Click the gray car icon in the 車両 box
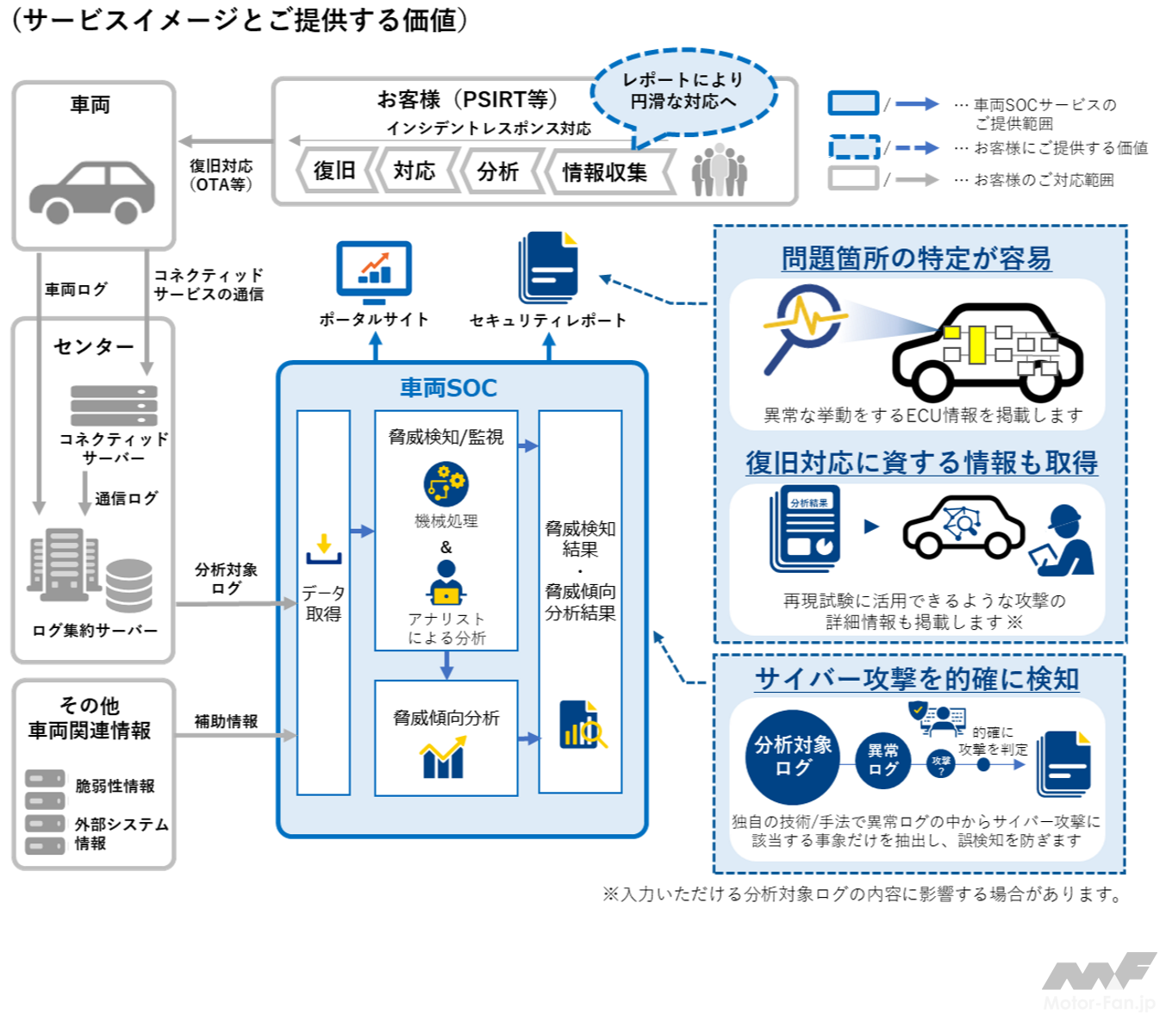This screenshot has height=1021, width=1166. [92, 191]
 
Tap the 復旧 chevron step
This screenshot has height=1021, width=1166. [334, 171]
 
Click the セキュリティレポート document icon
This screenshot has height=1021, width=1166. [549, 267]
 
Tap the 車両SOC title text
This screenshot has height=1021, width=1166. [448, 388]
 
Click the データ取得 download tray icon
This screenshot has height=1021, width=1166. [324, 549]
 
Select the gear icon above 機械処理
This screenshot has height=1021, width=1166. [446, 483]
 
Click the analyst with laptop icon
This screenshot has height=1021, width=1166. [446, 584]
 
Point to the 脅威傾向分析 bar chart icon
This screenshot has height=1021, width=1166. [443, 758]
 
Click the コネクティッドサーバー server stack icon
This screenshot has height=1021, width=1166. [114, 405]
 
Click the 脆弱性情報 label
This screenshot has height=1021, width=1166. [115, 786]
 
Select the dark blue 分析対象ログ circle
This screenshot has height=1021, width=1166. [793, 756]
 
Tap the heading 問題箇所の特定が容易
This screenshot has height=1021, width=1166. [916, 258]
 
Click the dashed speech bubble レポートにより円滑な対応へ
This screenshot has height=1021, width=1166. [683, 90]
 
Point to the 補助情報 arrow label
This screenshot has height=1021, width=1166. [226, 721]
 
